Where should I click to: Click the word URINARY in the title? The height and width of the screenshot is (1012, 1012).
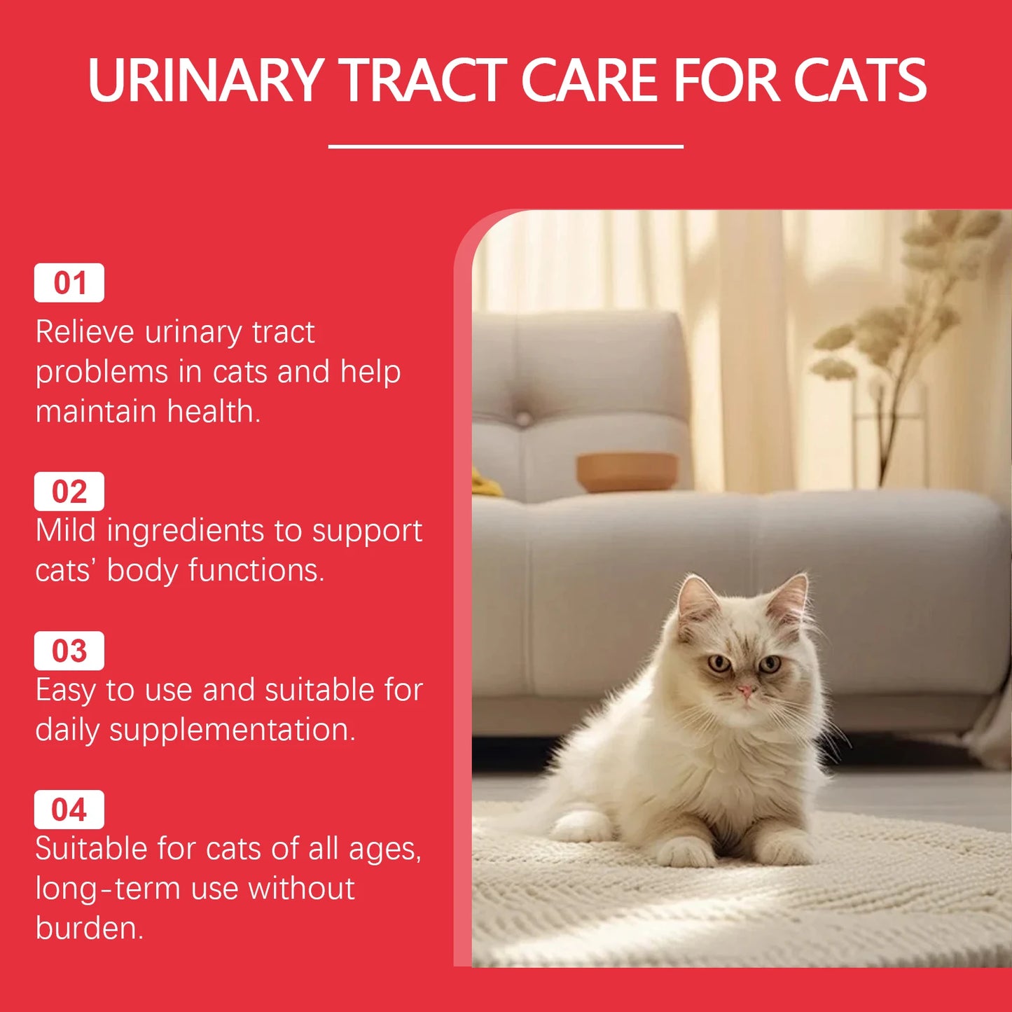point(205,81)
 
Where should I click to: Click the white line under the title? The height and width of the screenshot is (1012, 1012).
point(506,146)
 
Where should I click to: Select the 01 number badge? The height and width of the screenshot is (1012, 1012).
point(69,283)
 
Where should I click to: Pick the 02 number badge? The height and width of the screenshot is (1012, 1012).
point(69,492)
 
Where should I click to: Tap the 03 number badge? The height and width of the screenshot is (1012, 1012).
point(69,651)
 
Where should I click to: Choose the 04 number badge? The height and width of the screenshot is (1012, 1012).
point(69,810)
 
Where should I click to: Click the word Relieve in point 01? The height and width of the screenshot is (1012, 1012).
point(85,332)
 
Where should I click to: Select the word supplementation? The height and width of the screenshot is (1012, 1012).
point(232,730)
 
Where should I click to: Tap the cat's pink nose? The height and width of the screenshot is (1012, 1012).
point(746,691)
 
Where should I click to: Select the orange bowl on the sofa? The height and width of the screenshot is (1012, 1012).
point(627,472)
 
